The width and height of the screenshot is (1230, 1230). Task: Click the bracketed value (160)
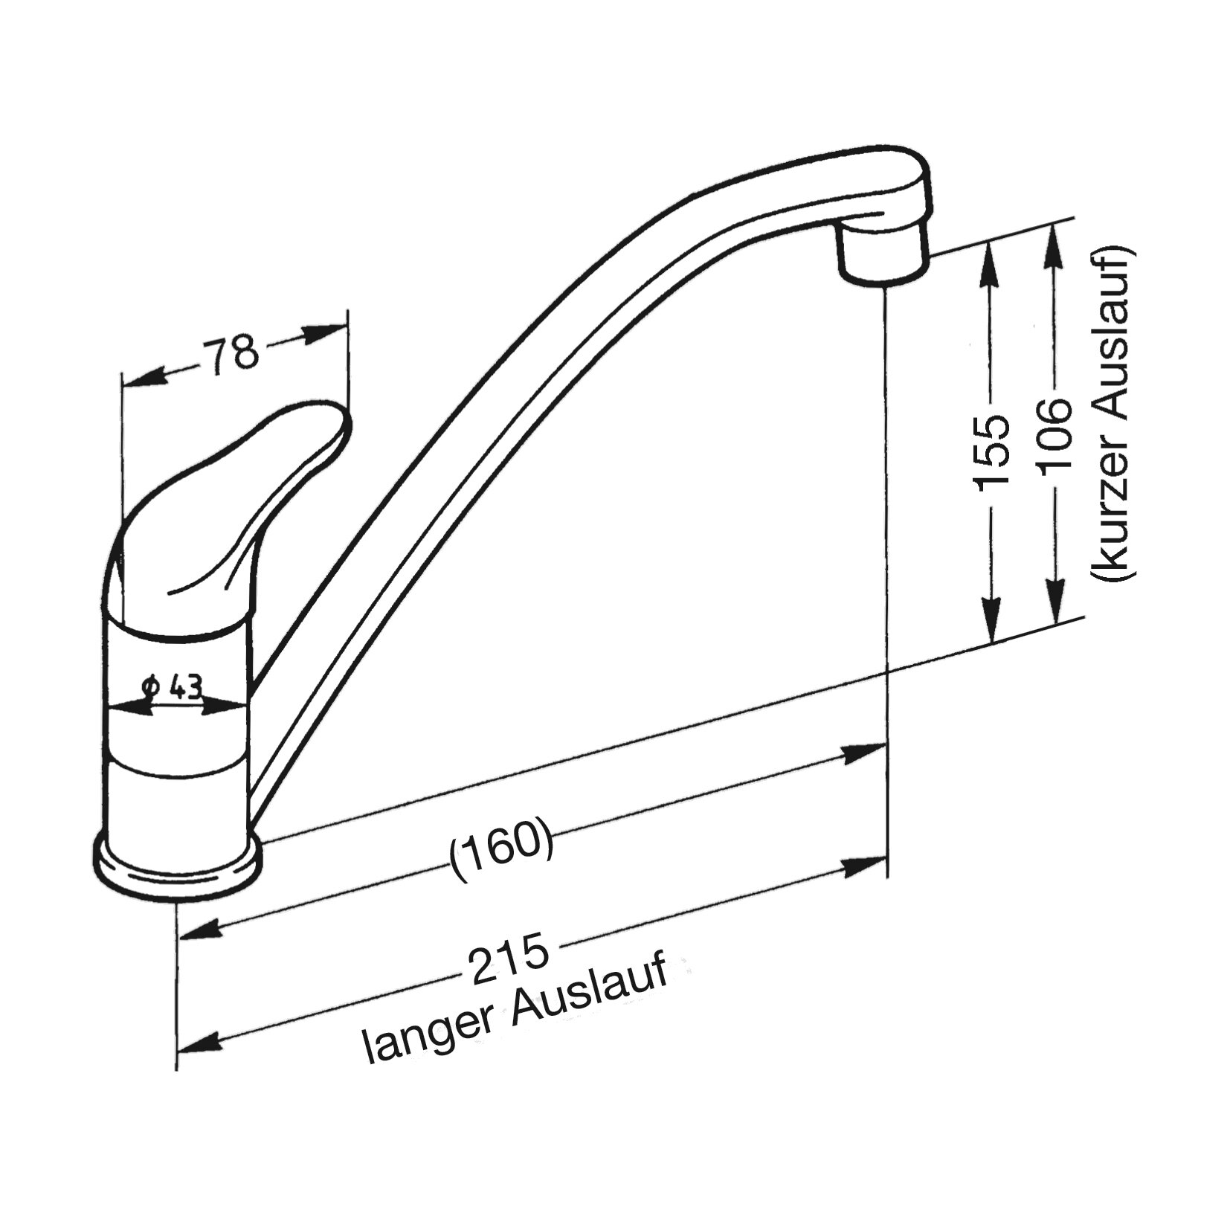[x=502, y=853]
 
